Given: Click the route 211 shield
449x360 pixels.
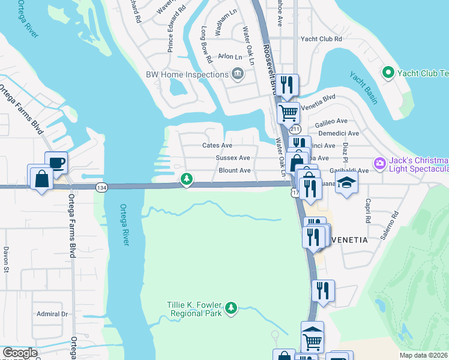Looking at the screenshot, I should [x=294, y=130].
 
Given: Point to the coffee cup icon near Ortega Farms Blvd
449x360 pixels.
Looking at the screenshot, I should [x=56, y=163].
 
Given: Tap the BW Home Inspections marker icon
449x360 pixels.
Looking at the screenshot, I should [x=238, y=74].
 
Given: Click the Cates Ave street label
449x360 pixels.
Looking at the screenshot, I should [x=217, y=145].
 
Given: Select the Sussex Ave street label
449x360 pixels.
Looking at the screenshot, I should [x=233, y=158].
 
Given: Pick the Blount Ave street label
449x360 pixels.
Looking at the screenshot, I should [x=234, y=170].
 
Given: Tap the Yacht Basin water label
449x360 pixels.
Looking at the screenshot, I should [x=363, y=88].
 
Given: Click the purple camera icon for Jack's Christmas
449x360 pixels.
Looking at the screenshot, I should [x=379, y=163].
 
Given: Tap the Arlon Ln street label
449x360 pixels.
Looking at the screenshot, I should [x=230, y=56].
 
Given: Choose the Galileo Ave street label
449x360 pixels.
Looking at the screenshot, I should [x=332, y=121].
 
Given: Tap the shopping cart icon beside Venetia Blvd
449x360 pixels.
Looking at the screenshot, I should [x=288, y=112].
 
